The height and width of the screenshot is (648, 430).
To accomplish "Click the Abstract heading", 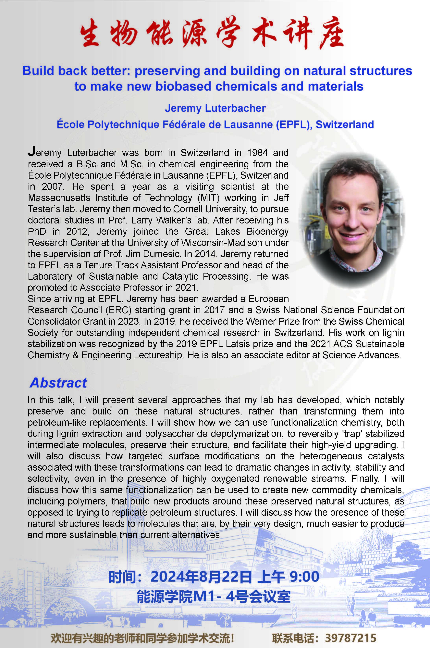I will pos(58,383).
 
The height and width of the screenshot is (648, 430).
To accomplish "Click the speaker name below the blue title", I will pos(215,108).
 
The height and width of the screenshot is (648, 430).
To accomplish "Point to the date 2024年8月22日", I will pos(201,577).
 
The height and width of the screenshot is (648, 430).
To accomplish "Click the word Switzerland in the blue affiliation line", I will pos(345,125).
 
